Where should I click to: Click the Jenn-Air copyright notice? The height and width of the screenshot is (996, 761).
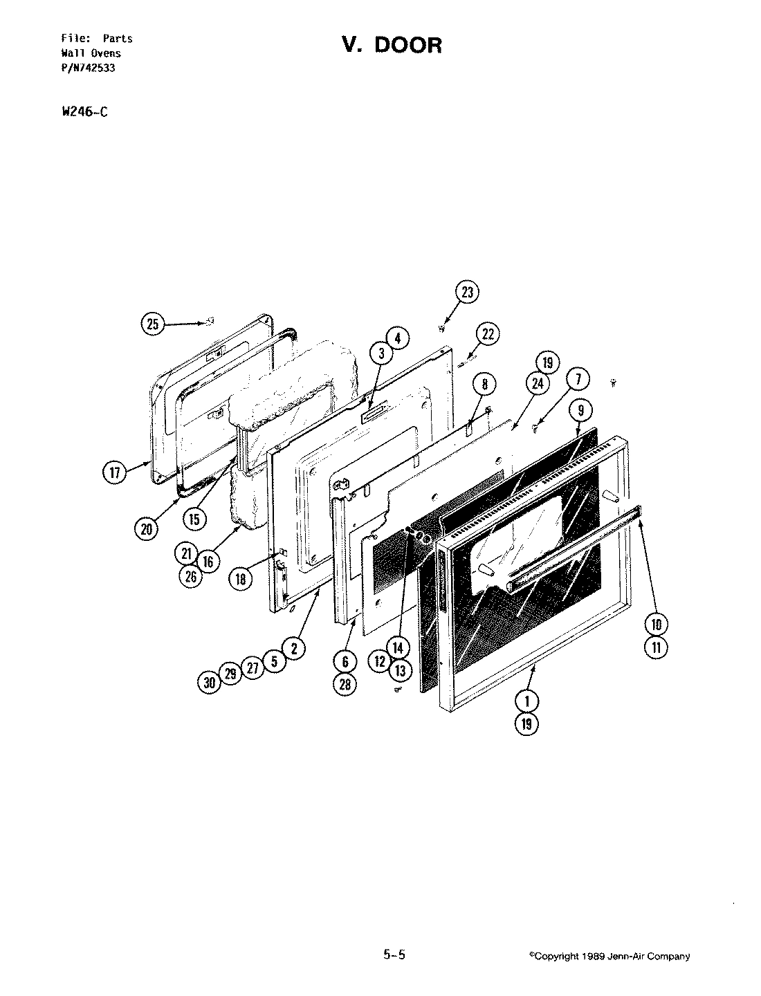(x=609, y=957)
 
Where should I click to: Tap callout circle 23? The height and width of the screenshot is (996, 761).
(x=468, y=293)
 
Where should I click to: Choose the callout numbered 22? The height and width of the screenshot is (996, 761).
(x=488, y=335)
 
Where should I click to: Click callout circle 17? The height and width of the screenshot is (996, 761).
(x=115, y=474)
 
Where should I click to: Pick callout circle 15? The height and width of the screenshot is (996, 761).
(x=196, y=518)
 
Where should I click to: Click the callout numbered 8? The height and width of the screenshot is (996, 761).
(x=484, y=385)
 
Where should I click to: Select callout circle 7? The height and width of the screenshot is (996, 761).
(x=578, y=379)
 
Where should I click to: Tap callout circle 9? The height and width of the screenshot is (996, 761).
(x=581, y=410)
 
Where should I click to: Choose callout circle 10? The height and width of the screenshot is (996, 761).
(x=657, y=625)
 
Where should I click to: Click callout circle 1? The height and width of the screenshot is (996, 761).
(x=527, y=701)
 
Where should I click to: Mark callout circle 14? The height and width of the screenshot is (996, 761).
(x=397, y=648)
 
